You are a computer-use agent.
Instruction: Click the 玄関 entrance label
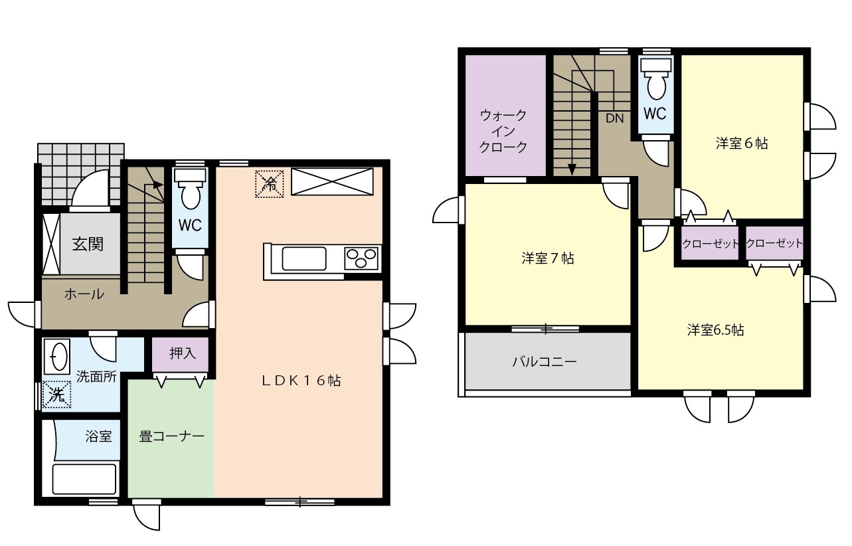tap(88, 244)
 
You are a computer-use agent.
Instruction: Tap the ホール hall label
tap(84, 294)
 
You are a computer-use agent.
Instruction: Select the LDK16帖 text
tap(301, 381)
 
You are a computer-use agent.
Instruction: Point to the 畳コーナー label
tap(171, 436)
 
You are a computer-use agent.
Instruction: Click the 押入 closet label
tap(183, 353)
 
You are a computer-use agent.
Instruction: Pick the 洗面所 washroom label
tap(96, 377)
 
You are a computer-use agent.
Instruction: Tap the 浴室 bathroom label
tap(98, 436)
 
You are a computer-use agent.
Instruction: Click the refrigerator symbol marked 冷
tap(270, 184)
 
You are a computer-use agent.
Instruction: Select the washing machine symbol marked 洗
tap(56, 395)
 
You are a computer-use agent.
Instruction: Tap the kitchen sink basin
tap(303, 259)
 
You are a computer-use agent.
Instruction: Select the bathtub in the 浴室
tap(84, 478)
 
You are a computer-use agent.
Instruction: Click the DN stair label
tap(615, 118)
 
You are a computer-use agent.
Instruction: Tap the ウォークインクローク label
tap(503, 131)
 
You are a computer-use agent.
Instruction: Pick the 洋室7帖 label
tap(548, 259)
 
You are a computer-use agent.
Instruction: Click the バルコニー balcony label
tap(545, 361)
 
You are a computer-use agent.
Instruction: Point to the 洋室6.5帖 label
tap(715, 330)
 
